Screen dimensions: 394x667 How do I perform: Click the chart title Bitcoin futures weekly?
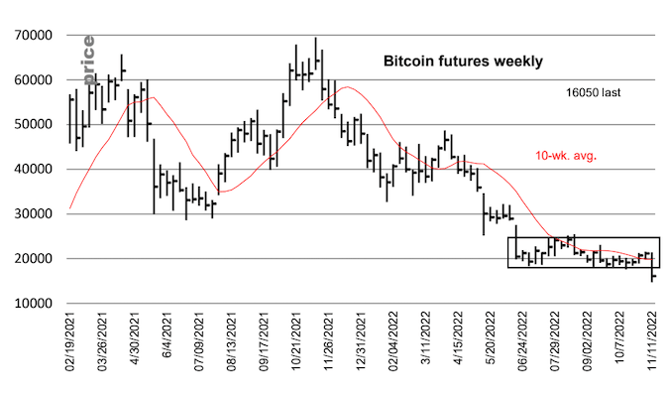pyautogui.click(x=463, y=62)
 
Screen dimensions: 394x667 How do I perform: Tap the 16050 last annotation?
pyautogui.click(x=585, y=91)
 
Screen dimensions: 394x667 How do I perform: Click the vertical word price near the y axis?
pyautogui.click(x=87, y=60)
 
